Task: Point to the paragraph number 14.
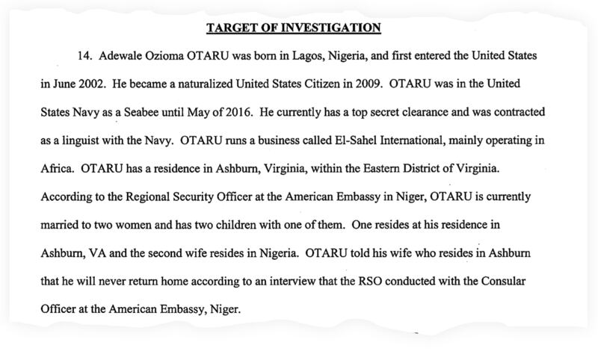tap(84, 57)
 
